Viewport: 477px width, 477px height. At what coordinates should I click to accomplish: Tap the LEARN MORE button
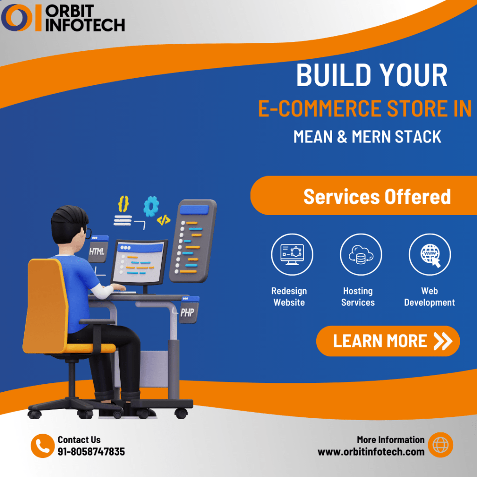pyautogui.click(x=388, y=341)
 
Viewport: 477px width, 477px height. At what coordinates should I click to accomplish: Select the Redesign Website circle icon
pyautogui.click(x=292, y=254)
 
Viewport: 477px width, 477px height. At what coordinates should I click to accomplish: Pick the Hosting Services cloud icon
pyautogui.click(x=361, y=254)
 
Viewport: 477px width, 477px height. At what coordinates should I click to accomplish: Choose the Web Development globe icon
pyautogui.click(x=429, y=254)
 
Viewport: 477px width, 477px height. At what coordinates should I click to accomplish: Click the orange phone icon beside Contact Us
pyautogui.click(x=42, y=446)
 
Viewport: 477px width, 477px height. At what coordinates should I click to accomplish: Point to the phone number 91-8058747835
pyautogui.click(x=91, y=451)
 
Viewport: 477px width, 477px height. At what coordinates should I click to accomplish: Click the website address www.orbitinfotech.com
pyautogui.click(x=371, y=451)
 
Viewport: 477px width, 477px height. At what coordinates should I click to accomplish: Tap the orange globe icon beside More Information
pyautogui.click(x=440, y=445)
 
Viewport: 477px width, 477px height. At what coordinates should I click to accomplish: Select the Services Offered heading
pyautogui.click(x=377, y=197)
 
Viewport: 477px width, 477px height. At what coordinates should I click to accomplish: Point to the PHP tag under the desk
pyautogui.click(x=187, y=312)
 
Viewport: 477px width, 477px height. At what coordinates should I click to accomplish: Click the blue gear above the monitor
pyautogui.click(x=151, y=206)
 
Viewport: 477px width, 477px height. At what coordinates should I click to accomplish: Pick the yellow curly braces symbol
pyautogui.click(x=123, y=204)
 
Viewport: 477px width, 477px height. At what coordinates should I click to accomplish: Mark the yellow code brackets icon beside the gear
pyautogui.click(x=164, y=220)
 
